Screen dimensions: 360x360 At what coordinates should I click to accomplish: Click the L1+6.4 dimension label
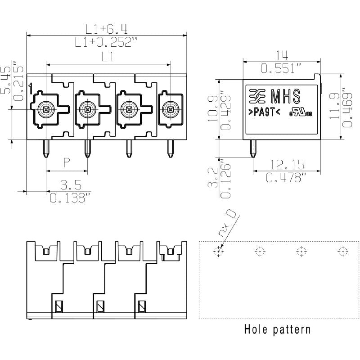(107, 29)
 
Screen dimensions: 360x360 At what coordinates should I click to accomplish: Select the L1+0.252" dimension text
(107, 42)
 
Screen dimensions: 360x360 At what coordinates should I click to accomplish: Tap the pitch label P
(67, 162)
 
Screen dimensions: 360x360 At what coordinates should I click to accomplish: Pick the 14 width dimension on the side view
(282, 55)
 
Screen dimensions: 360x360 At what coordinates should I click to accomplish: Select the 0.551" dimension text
(282, 68)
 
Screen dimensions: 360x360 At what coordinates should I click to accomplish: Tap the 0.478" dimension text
(286, 178)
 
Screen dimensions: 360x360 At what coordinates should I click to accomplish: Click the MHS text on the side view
(285, 95)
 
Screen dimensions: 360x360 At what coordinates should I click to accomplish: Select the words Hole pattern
(277, 329)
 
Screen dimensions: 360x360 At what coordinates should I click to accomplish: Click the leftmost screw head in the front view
(45, 108)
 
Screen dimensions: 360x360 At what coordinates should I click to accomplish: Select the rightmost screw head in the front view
(170, 108)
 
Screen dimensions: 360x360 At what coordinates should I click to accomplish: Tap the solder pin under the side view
(252, 148)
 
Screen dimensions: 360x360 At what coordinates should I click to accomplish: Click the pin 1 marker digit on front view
(31, 89)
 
